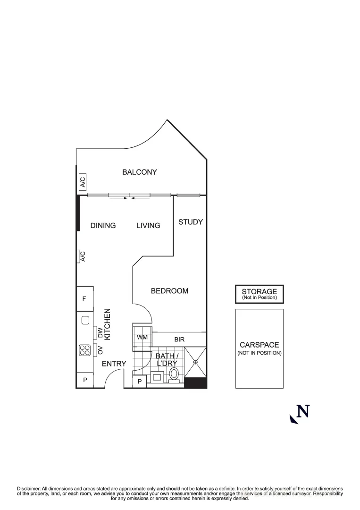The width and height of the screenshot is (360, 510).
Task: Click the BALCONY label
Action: (x=139, y=172)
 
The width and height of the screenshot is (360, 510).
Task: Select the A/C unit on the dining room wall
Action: (x=83, y=256)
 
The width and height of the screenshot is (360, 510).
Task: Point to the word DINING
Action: (x=103, y=226)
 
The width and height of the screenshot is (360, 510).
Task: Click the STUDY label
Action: (x=191, y=222)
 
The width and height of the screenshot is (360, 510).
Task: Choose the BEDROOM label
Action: (x=169, y=291)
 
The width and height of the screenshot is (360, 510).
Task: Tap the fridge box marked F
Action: (x=84, y=298)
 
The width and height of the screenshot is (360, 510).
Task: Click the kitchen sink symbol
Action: (x=85, y=321)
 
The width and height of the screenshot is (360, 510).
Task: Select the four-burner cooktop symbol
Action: (x=85, y=350)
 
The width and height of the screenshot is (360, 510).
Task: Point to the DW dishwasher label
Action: (x=100, y=333)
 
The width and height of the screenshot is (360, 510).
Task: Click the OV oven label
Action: (x=100, y=350)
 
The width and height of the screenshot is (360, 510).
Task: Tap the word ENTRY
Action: (x=114, y=364)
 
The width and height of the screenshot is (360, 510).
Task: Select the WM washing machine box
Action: (x=142, y=338)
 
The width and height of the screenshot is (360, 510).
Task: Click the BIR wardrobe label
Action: (x=179, y=339)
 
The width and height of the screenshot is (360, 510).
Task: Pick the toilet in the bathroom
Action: (x=174, y=374)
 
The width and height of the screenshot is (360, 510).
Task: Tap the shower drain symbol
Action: (x=195, y=362)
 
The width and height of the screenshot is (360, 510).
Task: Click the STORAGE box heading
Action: (x=259, y=291)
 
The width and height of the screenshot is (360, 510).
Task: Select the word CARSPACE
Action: (x=259, y=345)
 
